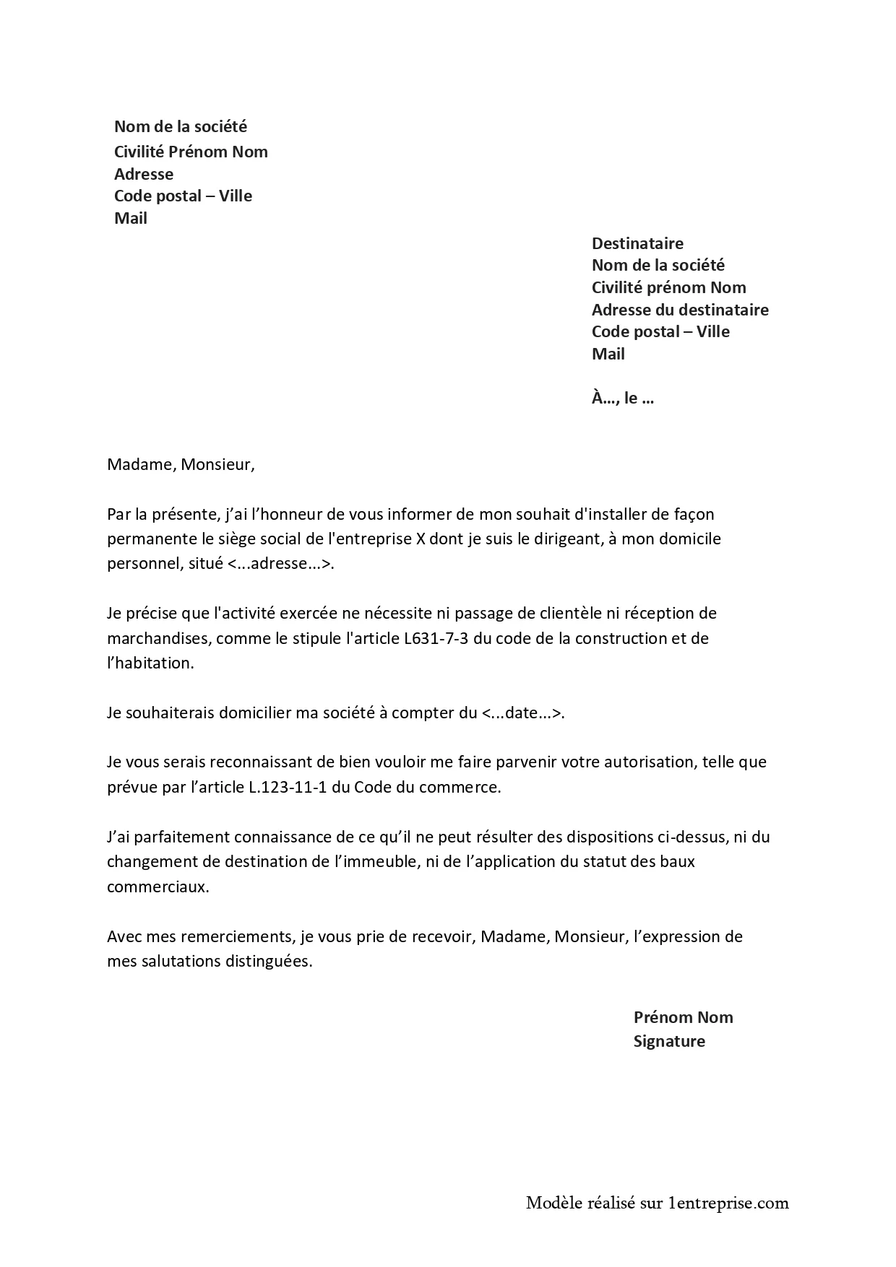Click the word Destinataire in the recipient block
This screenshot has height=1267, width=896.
637,243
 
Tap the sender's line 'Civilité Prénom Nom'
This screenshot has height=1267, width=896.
191,152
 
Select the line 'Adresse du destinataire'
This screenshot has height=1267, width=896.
679,310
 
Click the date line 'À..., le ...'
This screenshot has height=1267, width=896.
622,398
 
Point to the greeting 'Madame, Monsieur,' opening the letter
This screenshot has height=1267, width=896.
181,464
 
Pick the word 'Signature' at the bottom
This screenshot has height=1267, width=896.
669,1041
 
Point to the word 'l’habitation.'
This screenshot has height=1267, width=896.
150,663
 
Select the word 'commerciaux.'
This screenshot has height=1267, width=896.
158,887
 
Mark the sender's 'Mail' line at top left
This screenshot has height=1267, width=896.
131,218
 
